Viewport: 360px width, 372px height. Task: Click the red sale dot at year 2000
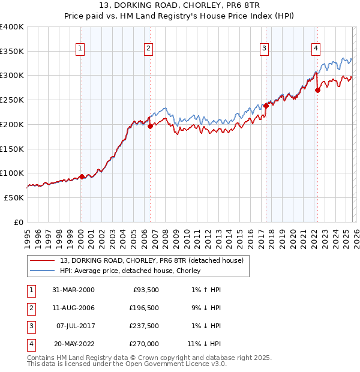(82, 176)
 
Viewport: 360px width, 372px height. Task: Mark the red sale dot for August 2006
(150, 126)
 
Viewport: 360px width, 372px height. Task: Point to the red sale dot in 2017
(266, 106)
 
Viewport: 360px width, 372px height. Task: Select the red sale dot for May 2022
(317, 90)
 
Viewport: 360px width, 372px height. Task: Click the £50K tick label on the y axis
(14, 197)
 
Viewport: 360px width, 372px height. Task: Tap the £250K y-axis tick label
(11, 100)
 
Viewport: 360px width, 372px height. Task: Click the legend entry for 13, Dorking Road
(151, 260)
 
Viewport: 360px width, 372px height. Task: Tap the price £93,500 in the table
(145, 290)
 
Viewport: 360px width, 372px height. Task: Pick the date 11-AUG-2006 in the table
(73, 308)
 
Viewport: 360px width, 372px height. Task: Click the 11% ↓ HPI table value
(204, 344)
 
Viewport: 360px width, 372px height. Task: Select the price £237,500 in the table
(143, 326)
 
